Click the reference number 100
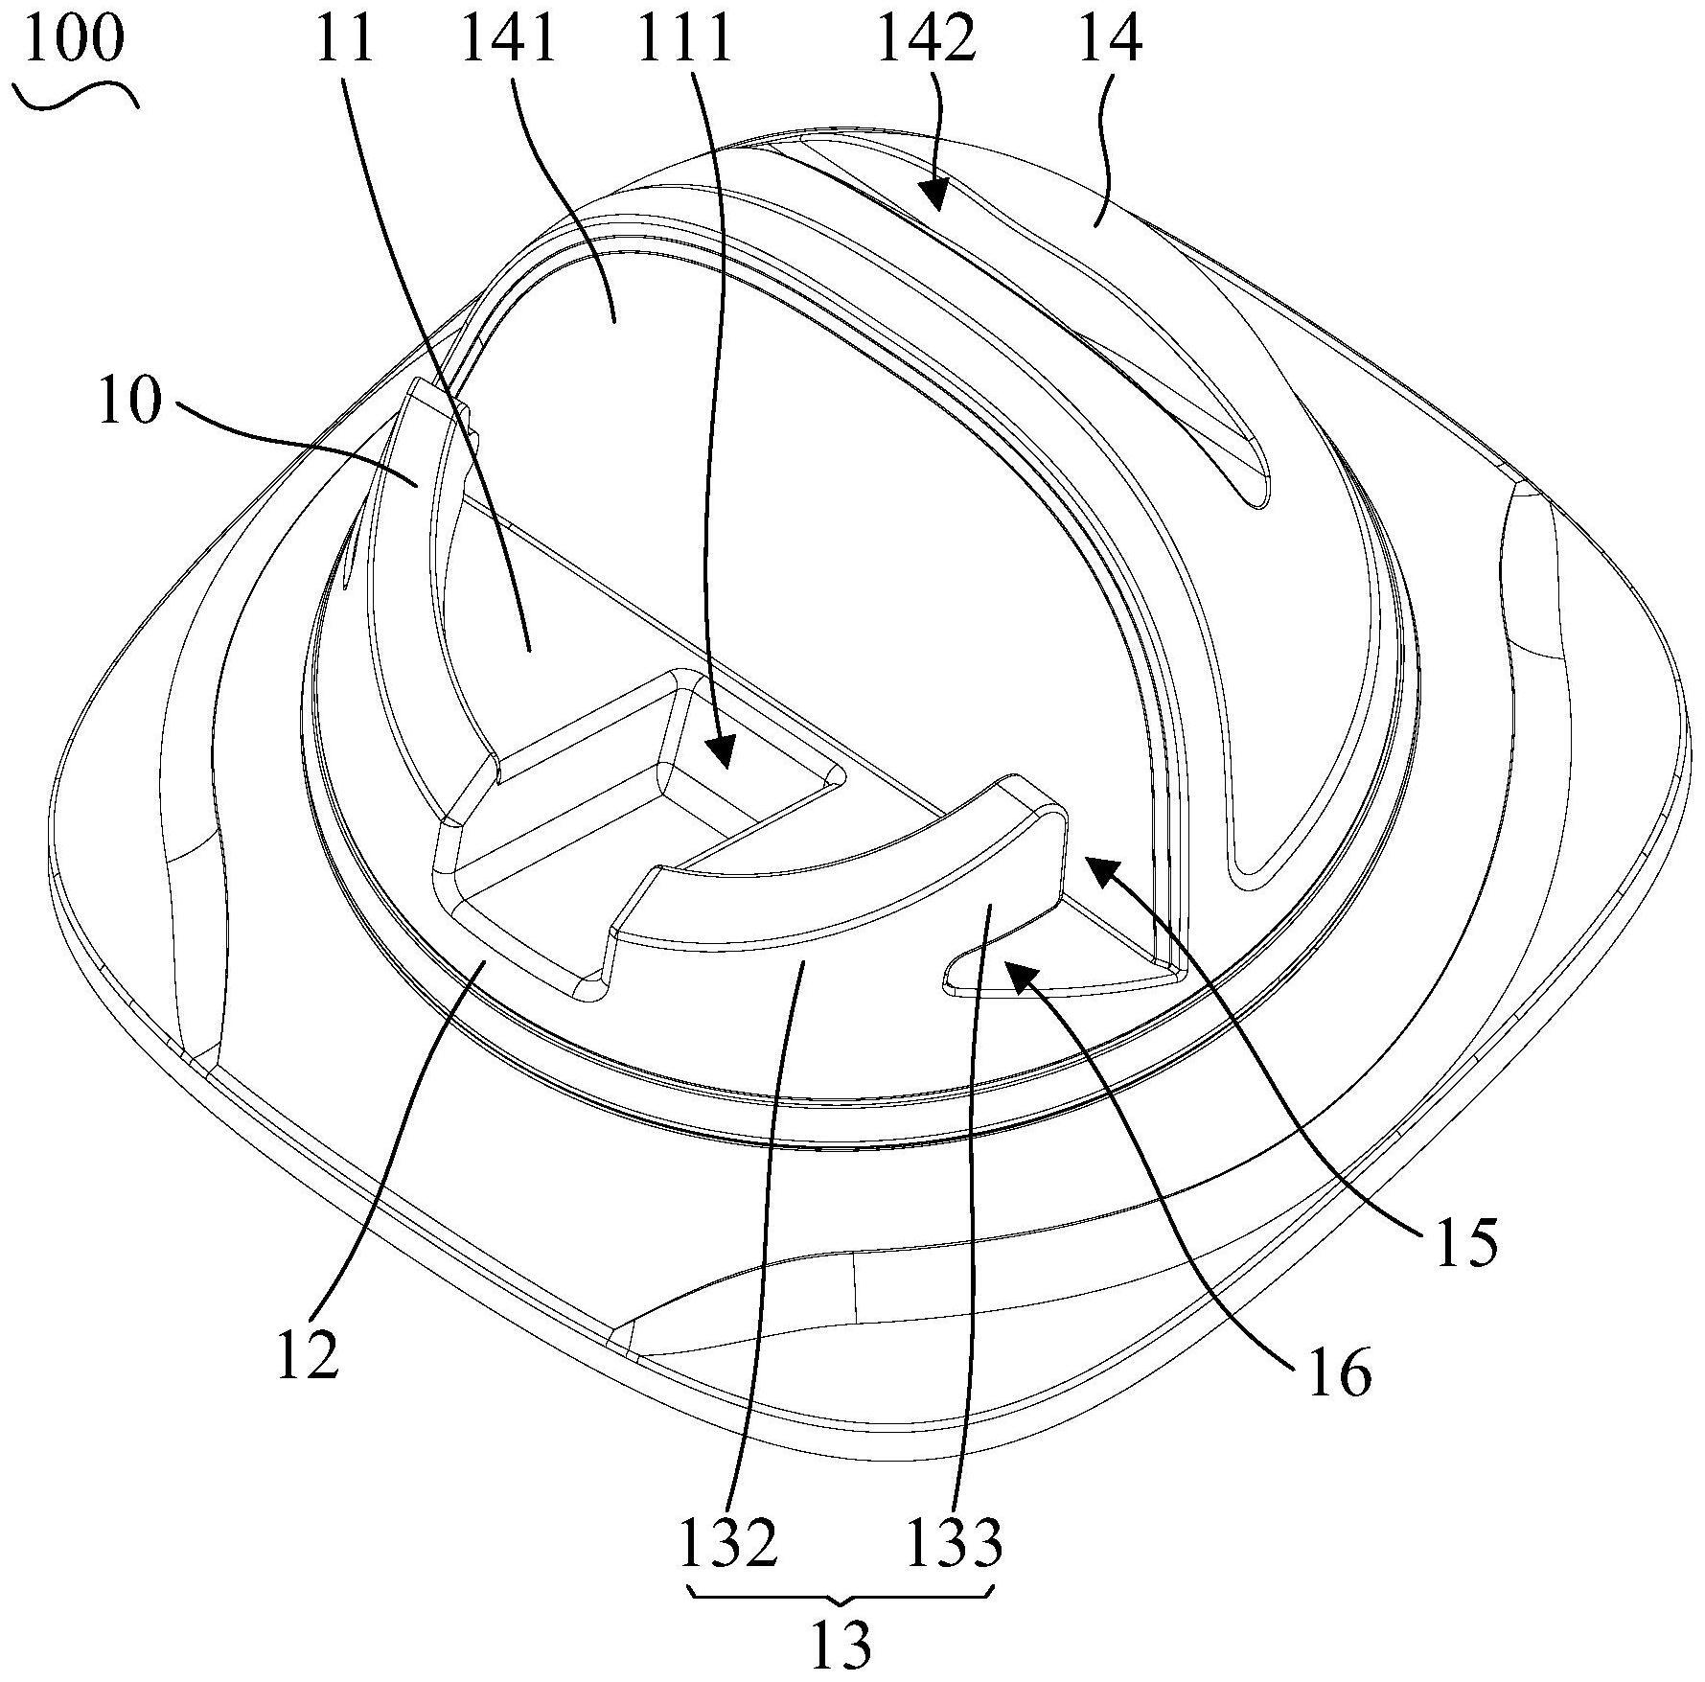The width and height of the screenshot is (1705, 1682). click(75, 38)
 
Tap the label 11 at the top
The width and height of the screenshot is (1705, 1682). click(346, 38)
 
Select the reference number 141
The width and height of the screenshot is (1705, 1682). click(510, 38)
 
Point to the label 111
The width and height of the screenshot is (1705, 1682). click(686, 38)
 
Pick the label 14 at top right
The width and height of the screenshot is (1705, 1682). click(1111, 38)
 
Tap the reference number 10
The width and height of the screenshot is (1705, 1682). click(129, 400)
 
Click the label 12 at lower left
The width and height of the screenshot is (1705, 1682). click(309, 1354)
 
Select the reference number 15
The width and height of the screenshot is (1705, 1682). click(1464, 1243)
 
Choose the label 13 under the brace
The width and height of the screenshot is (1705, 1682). click(841, 1645)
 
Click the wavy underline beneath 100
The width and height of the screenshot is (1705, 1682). click(77, 95)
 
